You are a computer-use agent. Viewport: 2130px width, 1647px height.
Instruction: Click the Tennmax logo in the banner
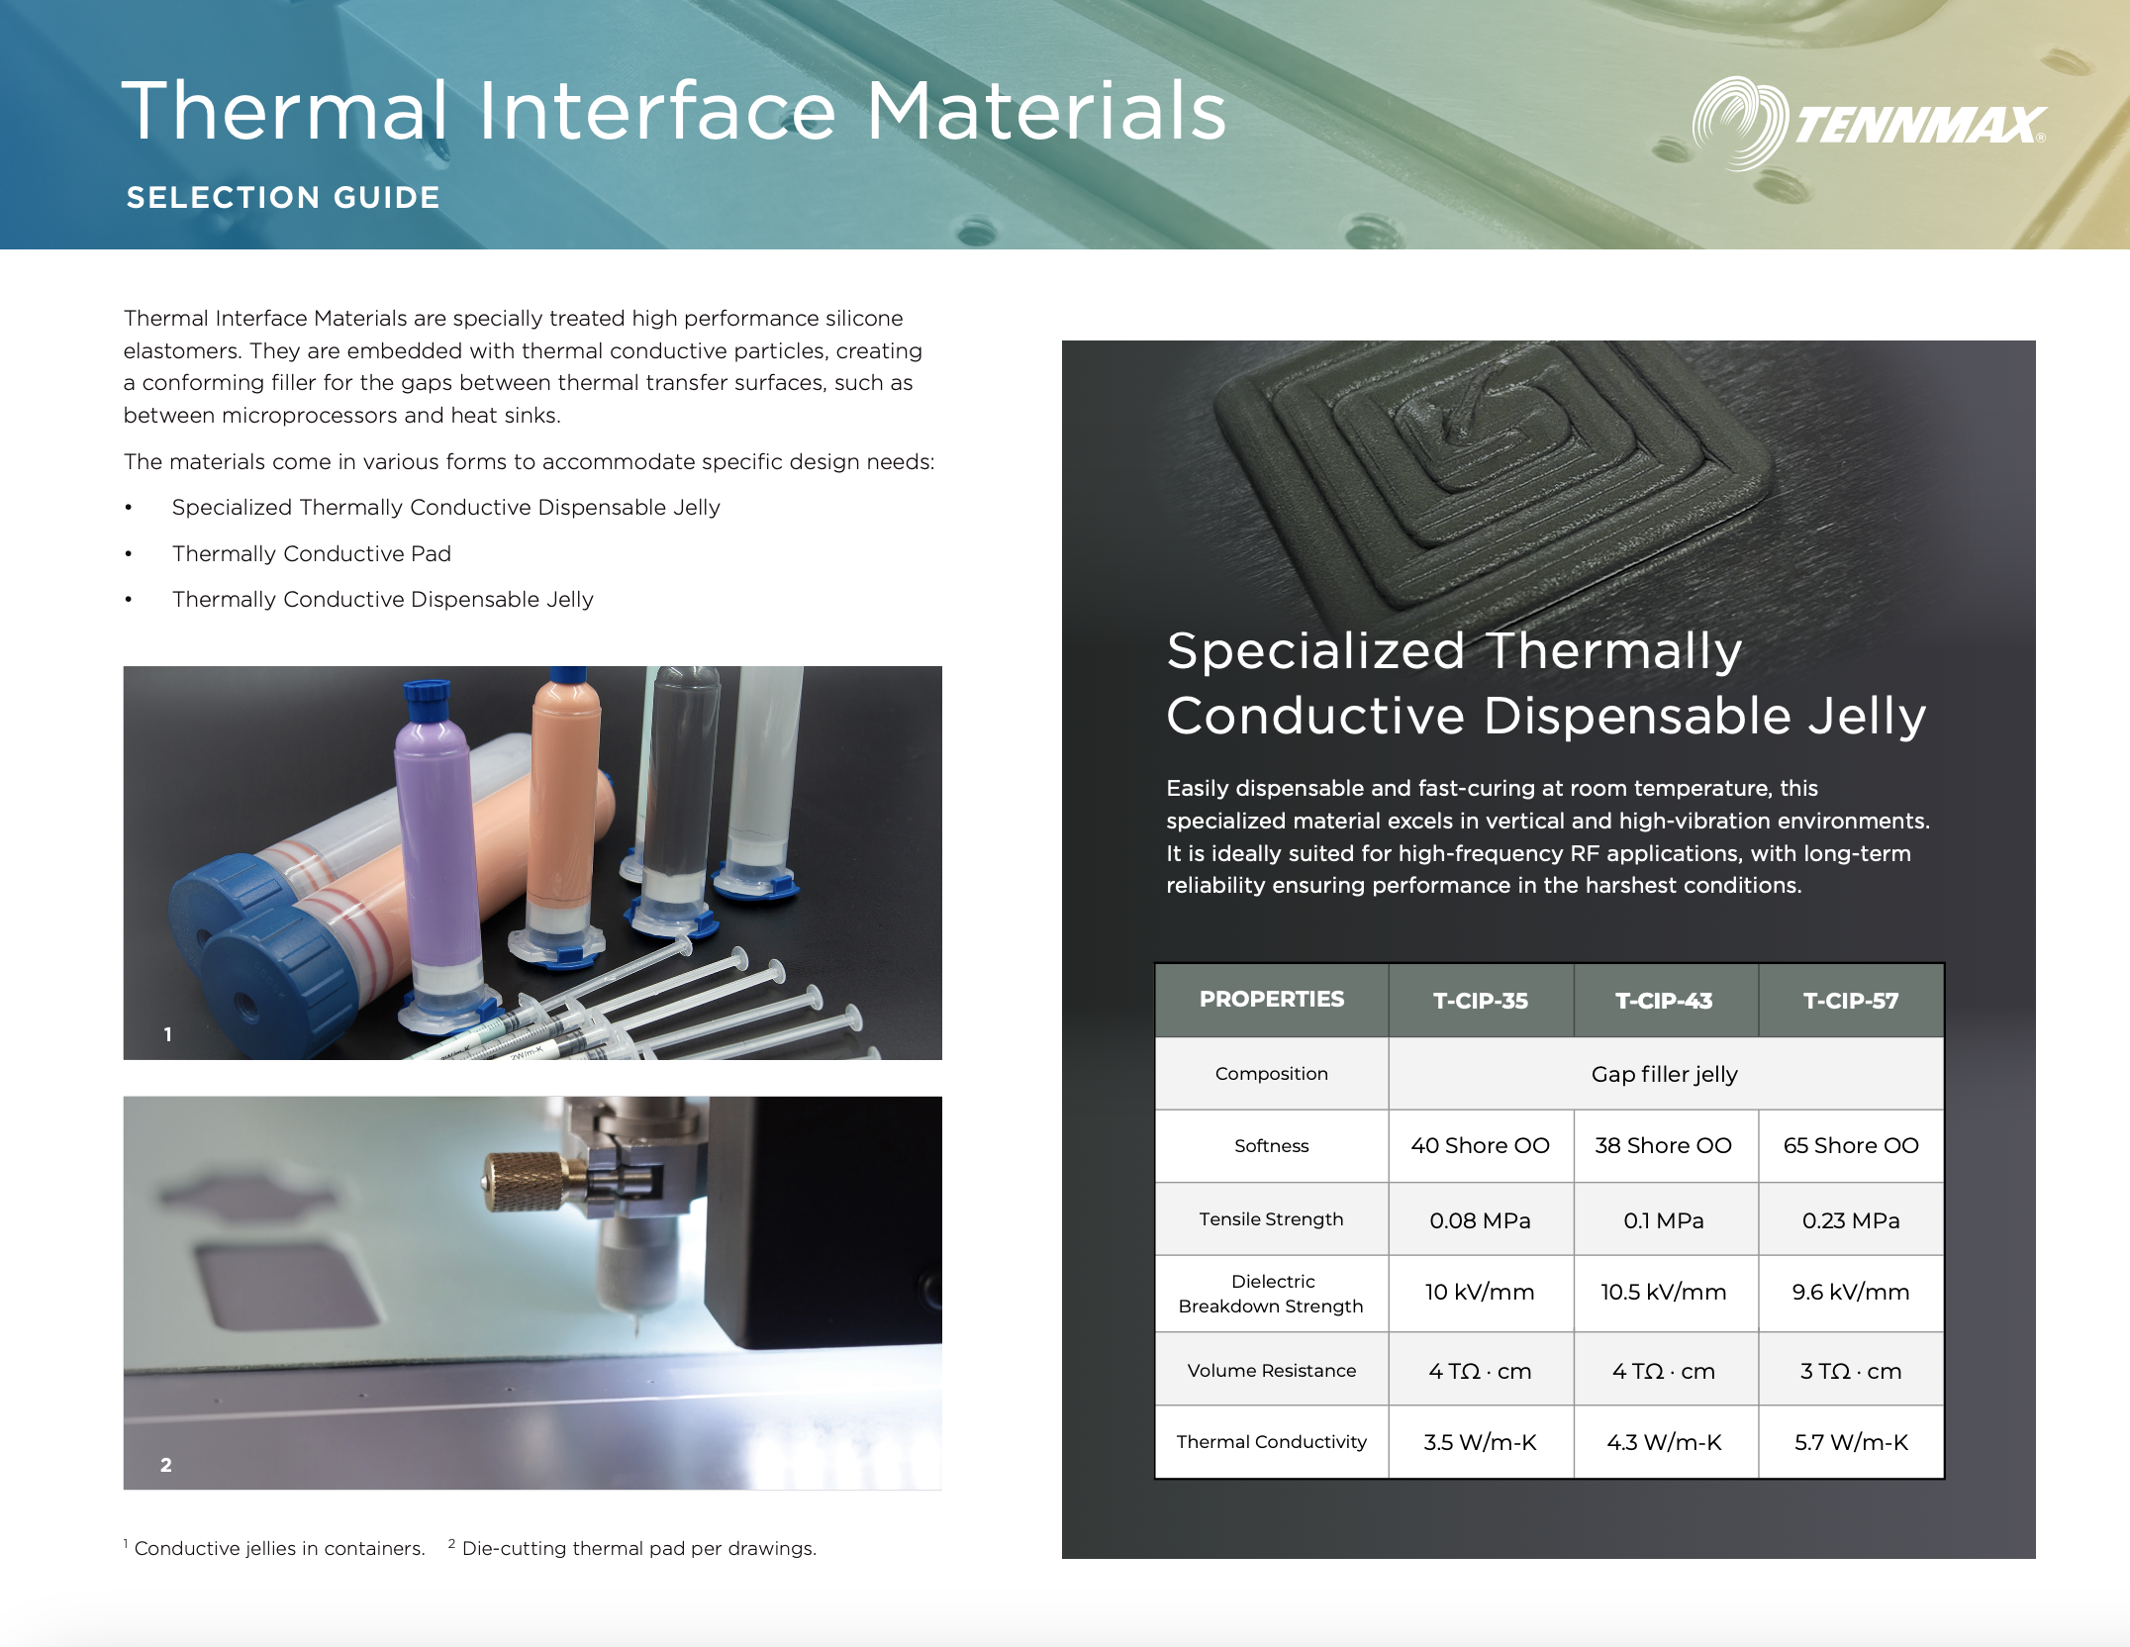[1868, 125]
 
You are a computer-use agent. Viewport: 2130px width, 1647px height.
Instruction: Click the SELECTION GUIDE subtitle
[283, 198]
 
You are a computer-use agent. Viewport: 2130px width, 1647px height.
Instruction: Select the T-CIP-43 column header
[1664, 1001]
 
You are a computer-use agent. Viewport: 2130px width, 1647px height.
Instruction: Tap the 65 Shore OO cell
[1850, 1145]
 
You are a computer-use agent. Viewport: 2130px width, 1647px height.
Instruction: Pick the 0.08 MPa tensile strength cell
[1480, 1220]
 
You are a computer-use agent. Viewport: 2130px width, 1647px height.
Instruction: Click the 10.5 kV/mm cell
[1664, 1292]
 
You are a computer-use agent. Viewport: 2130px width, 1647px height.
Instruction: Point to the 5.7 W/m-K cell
[1850, 1442]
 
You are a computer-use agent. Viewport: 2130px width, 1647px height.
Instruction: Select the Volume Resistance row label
[1272, 1371]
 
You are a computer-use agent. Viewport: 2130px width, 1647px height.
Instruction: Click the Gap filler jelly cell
[1664, 1074]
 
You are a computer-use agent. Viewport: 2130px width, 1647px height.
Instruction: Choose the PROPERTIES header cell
[1272, 1000]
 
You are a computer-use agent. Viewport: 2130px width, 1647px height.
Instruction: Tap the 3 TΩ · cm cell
[1850, 1371]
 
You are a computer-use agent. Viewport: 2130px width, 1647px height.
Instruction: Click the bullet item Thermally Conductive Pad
[312, 553]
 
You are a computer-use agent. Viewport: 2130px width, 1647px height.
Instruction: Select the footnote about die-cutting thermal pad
[638, 1548]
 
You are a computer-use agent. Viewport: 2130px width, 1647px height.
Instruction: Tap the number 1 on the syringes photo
[168, 1034]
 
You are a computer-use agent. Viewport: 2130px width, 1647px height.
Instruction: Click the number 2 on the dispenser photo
[166, 1465]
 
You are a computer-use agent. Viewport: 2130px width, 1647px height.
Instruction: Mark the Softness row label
[1272, 1146]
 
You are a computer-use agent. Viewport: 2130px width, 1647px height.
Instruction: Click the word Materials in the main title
[1046, 111]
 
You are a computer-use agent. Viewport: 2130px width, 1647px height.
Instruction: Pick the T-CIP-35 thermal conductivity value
[1480, 1442]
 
